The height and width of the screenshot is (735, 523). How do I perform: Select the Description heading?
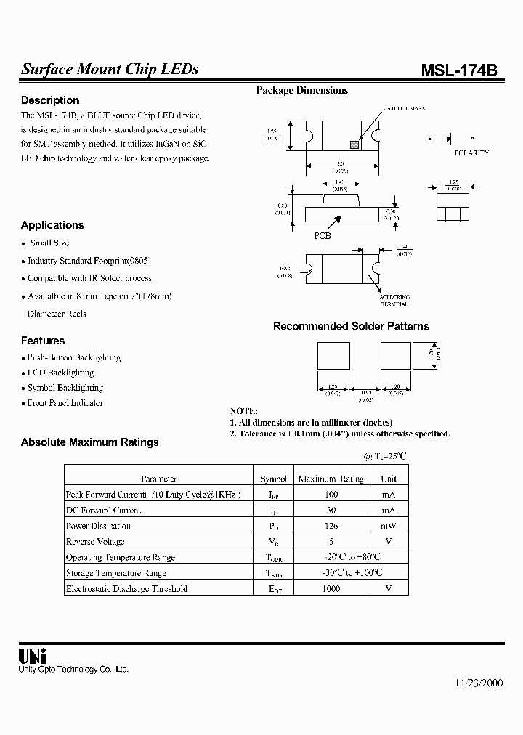50,100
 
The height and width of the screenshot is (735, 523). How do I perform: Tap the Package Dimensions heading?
301,91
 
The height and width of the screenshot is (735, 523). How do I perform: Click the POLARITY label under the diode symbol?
471,153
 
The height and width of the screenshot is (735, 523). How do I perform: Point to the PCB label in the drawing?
323,236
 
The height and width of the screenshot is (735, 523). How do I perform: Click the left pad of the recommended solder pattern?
333,357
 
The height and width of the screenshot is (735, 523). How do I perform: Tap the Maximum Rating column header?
331,479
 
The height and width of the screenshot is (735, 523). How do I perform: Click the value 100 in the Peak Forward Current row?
331,494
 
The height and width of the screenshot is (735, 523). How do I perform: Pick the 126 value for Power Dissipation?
331,526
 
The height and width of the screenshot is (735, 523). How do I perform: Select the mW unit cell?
389,526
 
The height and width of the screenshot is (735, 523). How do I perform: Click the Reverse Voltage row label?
95,542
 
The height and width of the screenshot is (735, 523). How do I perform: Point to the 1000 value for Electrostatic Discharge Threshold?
331,589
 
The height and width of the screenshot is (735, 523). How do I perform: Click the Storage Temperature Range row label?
115,573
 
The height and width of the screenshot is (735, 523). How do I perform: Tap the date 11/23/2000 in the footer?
479,683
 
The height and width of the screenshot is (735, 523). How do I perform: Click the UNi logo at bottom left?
32,655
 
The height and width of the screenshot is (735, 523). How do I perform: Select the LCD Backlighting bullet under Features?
60,373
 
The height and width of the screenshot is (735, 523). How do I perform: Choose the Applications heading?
52,225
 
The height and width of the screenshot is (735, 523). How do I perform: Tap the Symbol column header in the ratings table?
273,479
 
